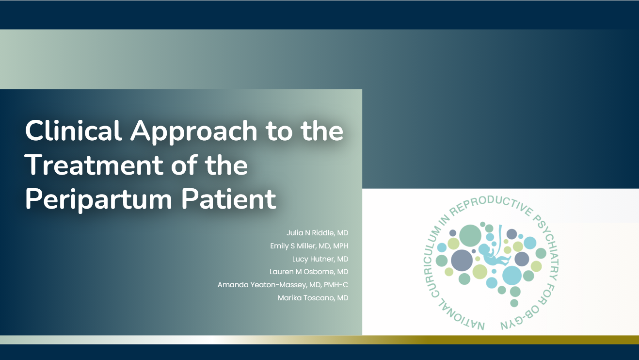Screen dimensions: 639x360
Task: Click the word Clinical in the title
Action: click(x=74, y=131)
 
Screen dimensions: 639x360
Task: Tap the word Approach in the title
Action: click(x=194, y=132)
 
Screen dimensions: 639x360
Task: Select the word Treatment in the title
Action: click(x=94, y=165)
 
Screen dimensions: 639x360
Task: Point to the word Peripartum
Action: click(x=99, y=200)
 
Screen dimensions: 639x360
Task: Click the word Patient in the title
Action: click(x=229, y=198)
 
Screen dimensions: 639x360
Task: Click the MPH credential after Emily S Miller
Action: click(x=341, y=246)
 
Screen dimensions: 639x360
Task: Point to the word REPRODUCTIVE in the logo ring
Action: click(x=491, y=203)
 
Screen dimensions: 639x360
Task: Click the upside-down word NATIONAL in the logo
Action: click(x=460, y=316)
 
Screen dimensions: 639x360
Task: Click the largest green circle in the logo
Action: click(x=470, y=235)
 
